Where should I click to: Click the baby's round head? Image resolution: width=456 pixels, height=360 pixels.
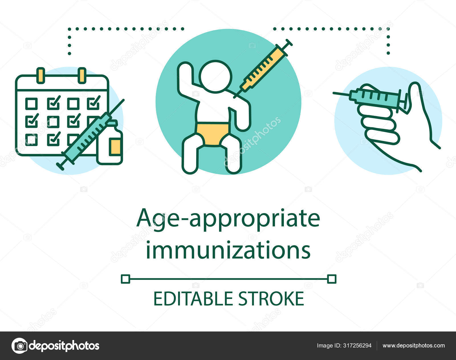(x=215, y=77)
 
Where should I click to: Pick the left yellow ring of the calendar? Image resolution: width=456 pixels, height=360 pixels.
(x=41, y=76)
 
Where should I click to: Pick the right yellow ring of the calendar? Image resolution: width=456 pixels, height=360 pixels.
(x=82, y=76)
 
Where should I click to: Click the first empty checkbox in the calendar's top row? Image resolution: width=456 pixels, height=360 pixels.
(x=31, y=104)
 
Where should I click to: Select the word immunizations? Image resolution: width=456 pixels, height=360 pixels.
(x=228, y=250)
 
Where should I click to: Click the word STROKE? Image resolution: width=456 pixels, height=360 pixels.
(x=272, y=299)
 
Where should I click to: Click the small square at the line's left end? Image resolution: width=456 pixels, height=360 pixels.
(x=125, y=279)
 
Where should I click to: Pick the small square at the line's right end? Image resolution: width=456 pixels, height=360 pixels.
(x=332, y=279)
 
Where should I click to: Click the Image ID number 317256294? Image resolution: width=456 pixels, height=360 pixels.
(x=357, y=345)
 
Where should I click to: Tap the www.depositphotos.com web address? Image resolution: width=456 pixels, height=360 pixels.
(x=414, y=345)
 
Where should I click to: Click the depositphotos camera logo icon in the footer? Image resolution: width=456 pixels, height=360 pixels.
(x=20, y=346)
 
